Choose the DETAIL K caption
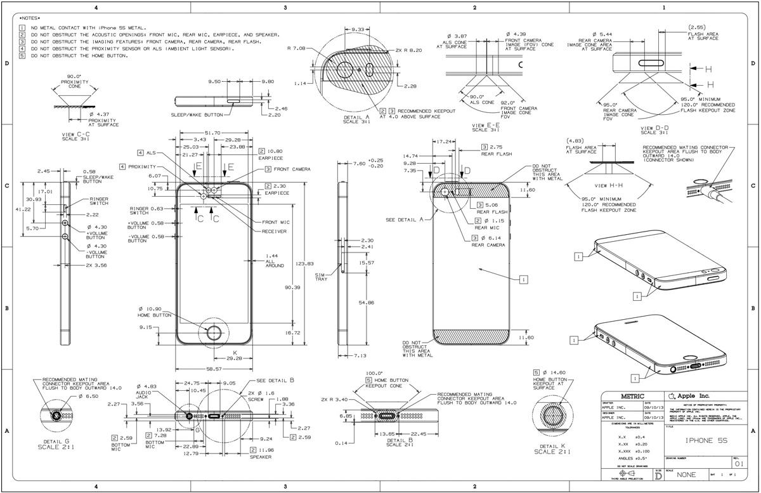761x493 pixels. (553, 449)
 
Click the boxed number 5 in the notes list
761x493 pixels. (22, 56)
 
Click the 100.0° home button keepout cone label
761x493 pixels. (374, 373)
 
